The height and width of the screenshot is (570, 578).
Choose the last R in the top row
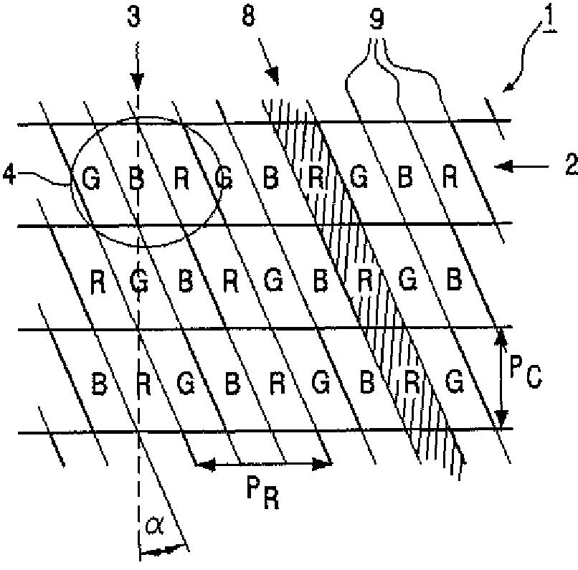coord(450,178)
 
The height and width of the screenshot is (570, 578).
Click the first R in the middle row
coord(98,280)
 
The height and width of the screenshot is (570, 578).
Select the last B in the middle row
coord(453,279)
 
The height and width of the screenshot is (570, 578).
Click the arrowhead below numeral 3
coord(136,84)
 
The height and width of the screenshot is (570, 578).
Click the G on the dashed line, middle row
coord(141,279)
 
